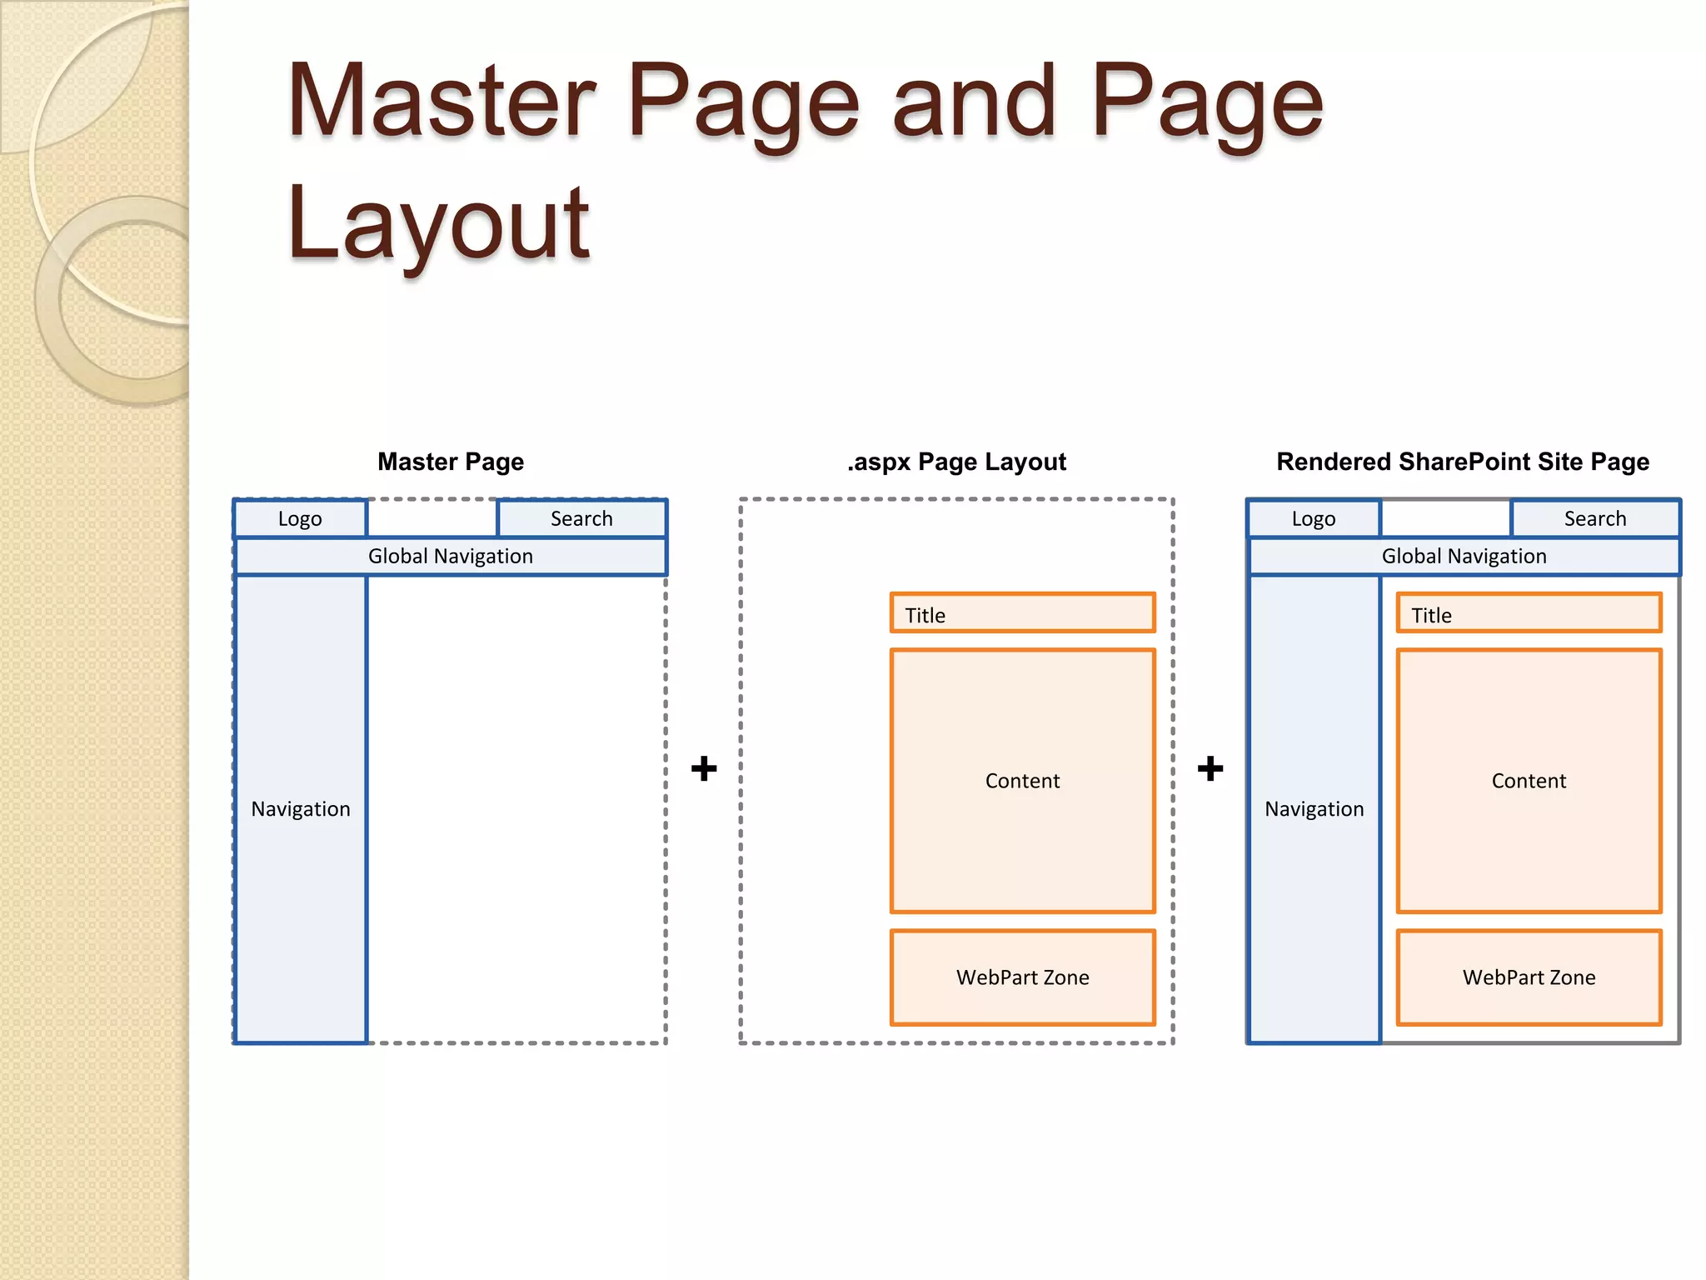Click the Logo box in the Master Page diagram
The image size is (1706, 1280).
300,518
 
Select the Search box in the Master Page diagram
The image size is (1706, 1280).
581,518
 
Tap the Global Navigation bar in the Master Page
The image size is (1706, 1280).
450,556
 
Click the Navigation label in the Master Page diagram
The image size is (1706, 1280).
301,809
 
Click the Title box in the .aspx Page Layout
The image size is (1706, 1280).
1022,614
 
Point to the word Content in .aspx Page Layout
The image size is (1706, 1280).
1022,781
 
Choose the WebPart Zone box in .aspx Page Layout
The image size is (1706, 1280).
1022,977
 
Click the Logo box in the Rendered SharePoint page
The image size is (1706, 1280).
1314,518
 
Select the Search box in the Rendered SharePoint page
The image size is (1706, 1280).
1595,518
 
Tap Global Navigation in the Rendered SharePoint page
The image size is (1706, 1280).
1464,556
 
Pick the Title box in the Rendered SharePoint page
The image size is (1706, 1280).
1529,614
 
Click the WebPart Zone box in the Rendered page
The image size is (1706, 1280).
1529,977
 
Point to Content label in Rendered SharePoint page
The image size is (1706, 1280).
1529,781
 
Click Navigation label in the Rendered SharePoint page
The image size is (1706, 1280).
1314,809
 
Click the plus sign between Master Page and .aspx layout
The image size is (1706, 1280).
704,767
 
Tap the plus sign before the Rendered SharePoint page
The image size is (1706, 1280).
1210,767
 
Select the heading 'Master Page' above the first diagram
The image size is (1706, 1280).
451,462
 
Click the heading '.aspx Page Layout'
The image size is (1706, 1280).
956,462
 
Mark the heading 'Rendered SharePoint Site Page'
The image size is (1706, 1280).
1463,462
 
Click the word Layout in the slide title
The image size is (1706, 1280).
438,223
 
